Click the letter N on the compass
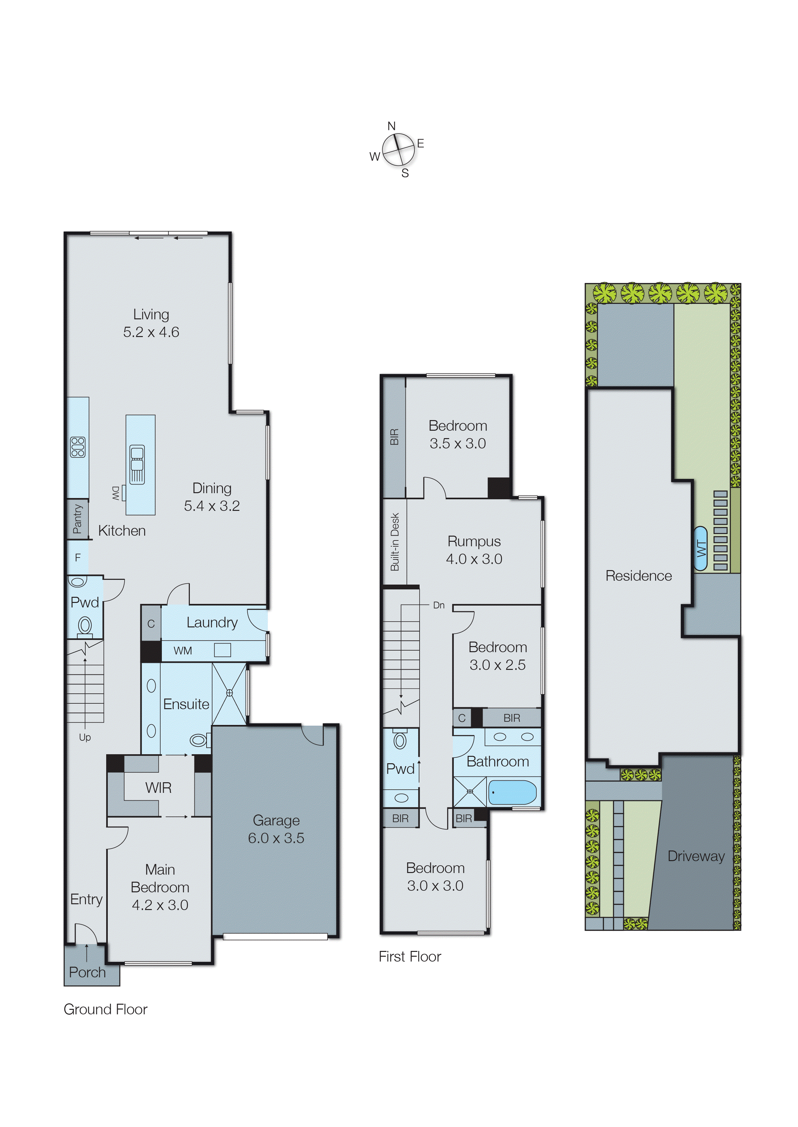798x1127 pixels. point(391,126)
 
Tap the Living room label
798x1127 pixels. point(151,315)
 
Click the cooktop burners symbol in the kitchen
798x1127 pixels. point(78,447)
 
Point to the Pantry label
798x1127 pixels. point(77,519)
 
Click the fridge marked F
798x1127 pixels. point(78,557)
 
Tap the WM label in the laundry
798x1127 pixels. point(182,651)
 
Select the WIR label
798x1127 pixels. point(158,788)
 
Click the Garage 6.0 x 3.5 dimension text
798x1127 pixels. point(276,838)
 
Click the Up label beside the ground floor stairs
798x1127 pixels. point(85,737)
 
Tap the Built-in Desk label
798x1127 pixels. point(394,542)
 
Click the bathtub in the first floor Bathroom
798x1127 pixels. point(513,792)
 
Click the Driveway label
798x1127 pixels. point(695,856)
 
